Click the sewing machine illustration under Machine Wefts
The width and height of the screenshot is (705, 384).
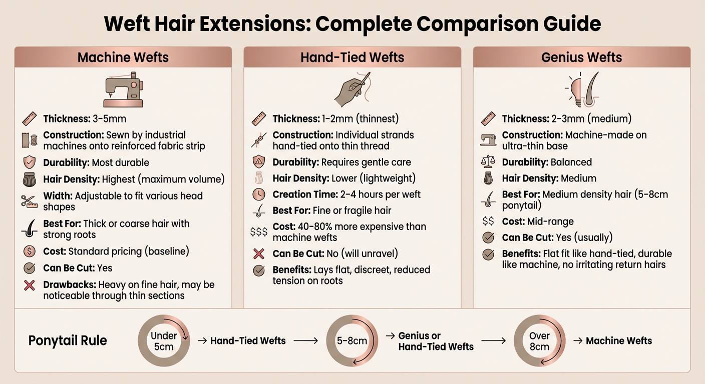pos(123,90)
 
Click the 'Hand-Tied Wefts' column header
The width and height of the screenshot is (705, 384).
pos(352,57)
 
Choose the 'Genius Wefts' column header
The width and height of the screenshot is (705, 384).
pos(581,57)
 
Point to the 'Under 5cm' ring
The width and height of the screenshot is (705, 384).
pos(164,341)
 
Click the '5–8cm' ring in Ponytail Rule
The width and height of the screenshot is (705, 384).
pos(351,341)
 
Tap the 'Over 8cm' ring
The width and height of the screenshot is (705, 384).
pos(539,341)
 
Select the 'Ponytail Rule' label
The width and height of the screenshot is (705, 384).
pos(68,341)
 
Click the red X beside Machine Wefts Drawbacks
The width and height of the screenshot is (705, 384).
pos(30,285)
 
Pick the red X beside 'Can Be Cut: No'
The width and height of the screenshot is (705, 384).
pos(259,254)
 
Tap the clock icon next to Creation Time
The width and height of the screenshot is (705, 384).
pos(259,194)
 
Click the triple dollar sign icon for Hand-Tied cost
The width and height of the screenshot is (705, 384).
pos(259,231)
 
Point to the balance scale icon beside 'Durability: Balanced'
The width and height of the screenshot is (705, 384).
pos(488,162)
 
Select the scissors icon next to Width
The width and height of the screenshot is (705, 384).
pos(30,201)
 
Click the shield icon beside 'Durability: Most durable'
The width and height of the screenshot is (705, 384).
pos(30,162)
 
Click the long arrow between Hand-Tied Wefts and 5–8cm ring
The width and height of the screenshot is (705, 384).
pos(305,341)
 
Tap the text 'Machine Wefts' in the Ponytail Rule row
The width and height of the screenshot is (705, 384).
pos(619,341)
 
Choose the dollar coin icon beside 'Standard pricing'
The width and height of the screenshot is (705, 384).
pos(30,251)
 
